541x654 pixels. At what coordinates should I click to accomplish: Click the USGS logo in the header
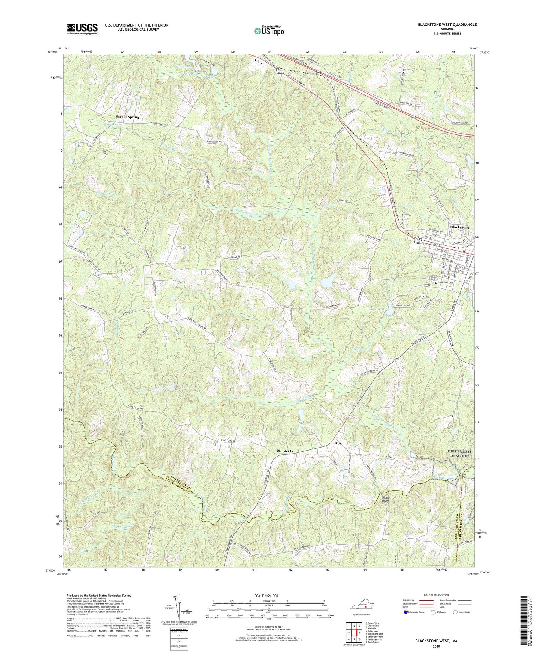pos(82,28)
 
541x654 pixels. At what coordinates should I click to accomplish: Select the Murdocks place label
pos(285,451)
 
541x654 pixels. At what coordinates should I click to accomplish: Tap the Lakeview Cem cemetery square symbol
pos(435,282)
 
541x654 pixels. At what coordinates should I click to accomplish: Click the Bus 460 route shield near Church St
pos(419,242)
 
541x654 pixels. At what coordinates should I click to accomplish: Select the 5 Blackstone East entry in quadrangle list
pos(376,633)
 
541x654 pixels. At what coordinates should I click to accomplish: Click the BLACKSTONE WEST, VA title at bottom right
pos(436,641)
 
